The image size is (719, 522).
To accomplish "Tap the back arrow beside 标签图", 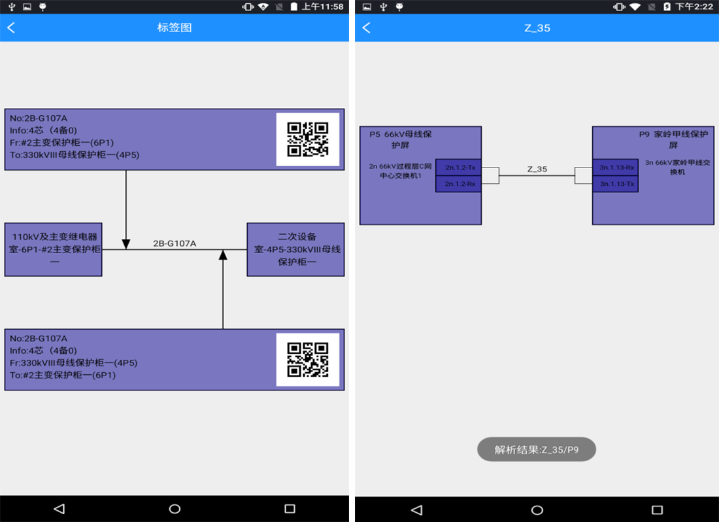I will click(x=11, y=27).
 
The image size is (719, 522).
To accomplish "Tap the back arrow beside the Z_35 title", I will click(x=366, y=27).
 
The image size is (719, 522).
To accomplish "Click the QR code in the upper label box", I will click(x=307, y=139).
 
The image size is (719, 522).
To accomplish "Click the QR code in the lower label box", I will click(x=307, y=360).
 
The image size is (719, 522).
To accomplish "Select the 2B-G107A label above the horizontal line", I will click(x=175, y=243).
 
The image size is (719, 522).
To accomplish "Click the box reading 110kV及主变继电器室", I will click(x=53, y=249).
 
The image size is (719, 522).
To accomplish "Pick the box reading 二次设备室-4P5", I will click(x=295, y=249).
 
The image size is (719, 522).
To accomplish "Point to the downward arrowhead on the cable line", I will click(x=126, y=243).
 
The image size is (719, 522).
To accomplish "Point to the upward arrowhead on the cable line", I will click(x=223, y=255).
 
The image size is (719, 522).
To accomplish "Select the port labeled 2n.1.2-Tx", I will click(x=459, y=168).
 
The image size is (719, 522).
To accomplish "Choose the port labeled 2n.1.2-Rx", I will click(x=459, y=184).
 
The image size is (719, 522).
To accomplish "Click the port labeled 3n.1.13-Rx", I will click(x=615, y=167).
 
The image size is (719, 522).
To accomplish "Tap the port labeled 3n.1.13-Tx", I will click(x=615, y=184).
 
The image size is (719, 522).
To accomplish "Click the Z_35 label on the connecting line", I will click(x=537, y=169).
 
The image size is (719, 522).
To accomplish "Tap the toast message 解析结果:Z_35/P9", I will click(x=537, y=449).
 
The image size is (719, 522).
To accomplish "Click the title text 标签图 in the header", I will click(x=174, y=27).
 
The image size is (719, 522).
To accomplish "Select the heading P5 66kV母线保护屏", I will click(x=400, y=139).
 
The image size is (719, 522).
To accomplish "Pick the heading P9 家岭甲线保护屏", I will click(x=673, y=139).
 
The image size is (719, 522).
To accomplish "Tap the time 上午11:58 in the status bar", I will click(x=322, y=7).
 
